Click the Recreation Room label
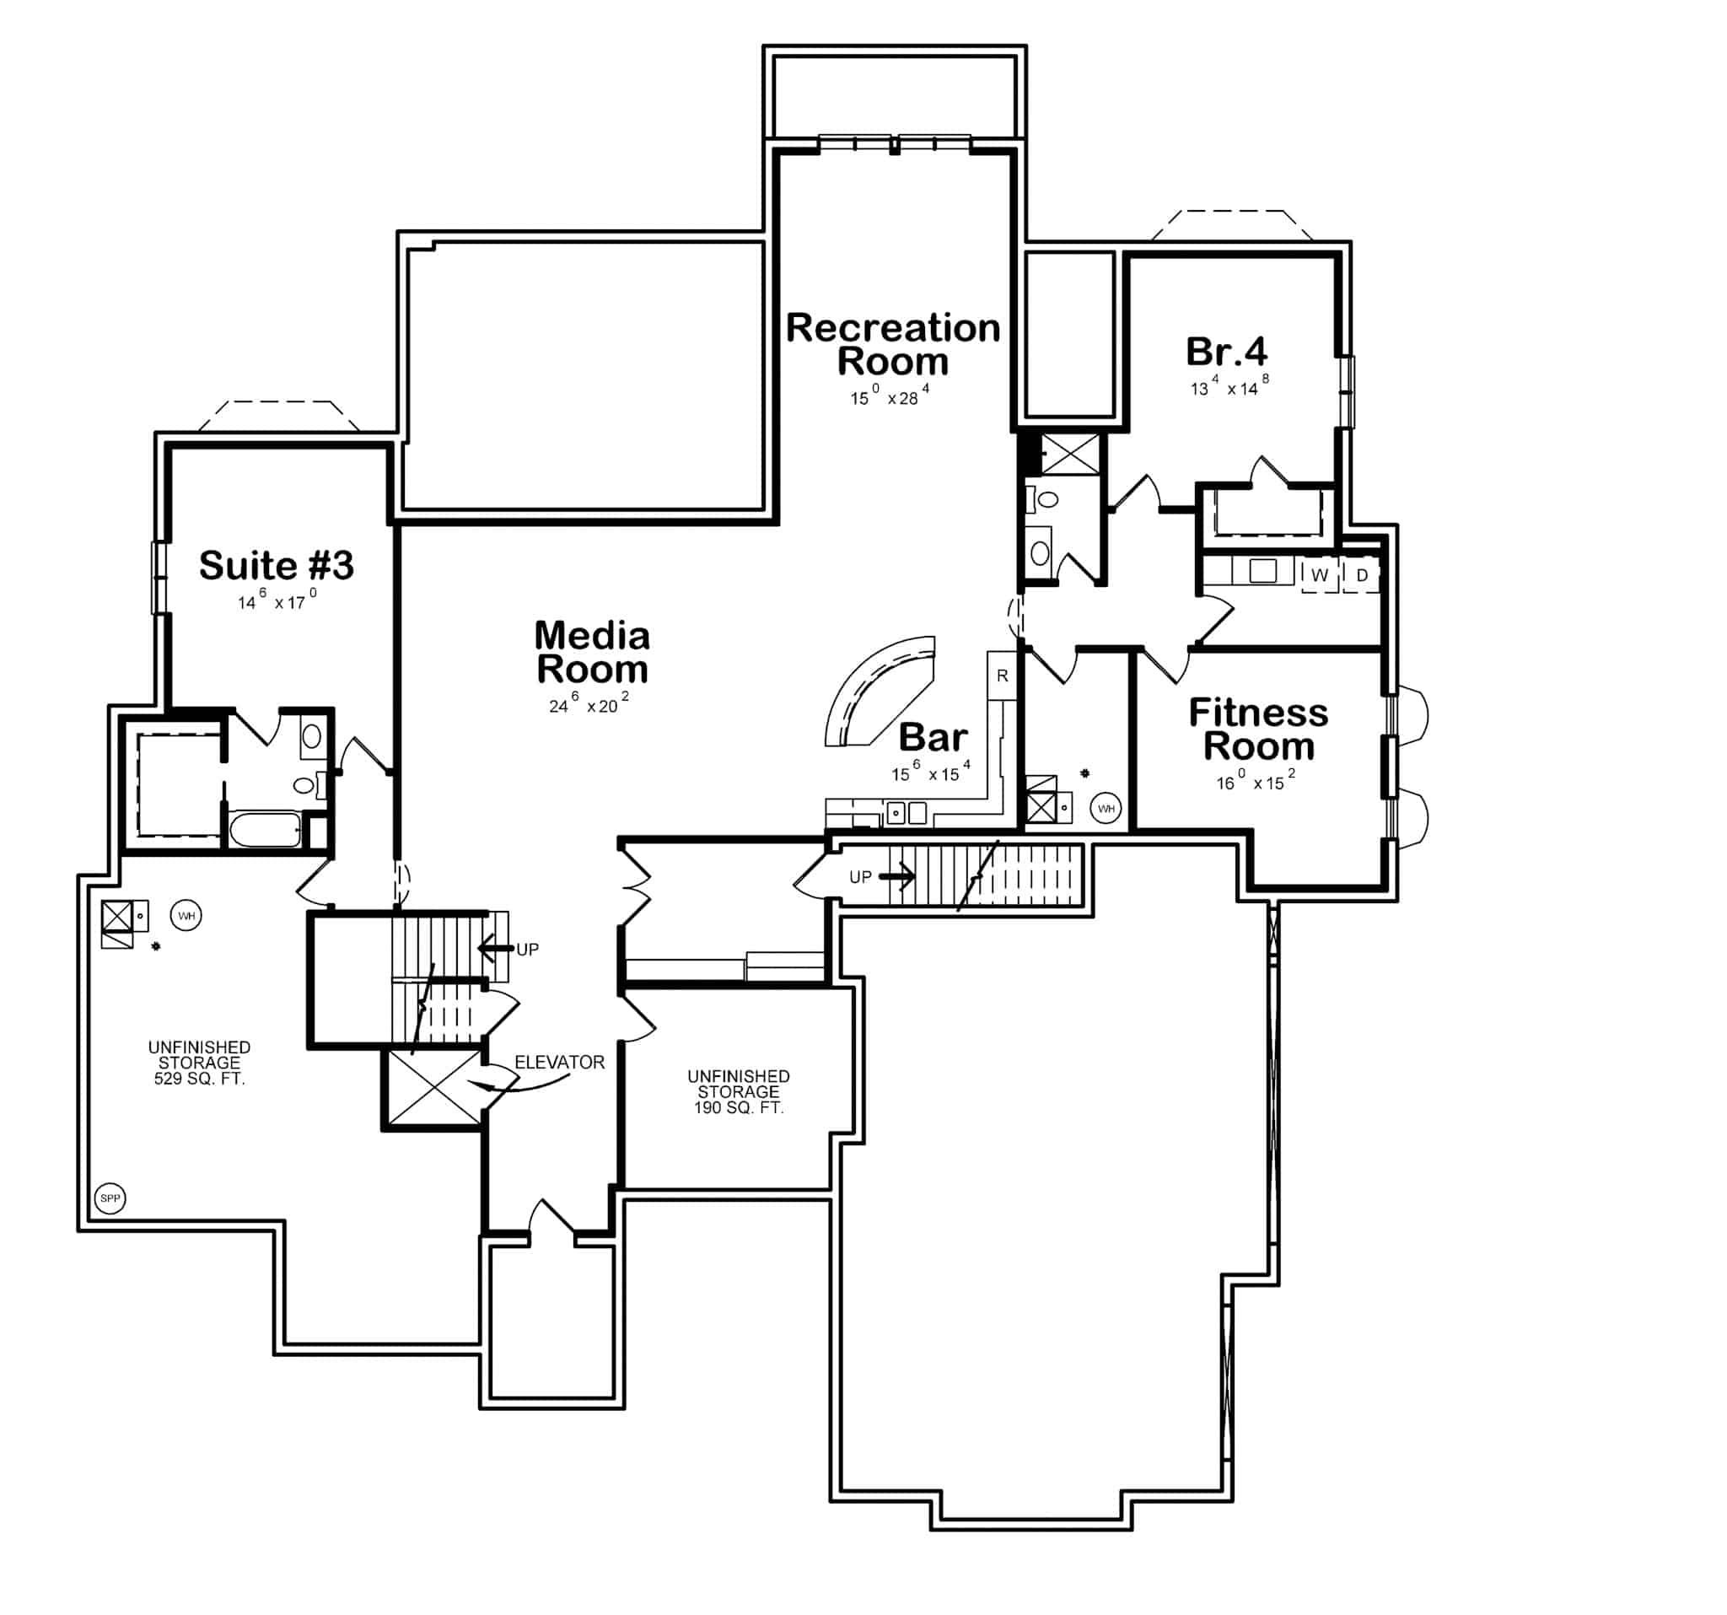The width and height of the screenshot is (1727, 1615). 892,344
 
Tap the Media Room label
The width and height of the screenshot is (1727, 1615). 592,653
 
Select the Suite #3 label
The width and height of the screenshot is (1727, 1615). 277,566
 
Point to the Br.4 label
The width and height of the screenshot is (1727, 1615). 1226,351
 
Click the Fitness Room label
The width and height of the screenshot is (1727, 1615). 1258,729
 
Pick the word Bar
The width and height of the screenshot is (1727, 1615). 932,737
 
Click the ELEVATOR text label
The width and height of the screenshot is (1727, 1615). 559,1062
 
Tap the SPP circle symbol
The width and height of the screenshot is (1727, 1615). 110,1198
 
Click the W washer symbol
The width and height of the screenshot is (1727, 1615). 1319,575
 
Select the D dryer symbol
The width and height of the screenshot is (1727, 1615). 1361,575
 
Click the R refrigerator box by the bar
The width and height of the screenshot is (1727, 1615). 1002,676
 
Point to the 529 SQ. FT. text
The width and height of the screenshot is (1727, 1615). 199,1079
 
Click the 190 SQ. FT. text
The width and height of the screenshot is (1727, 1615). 739,1107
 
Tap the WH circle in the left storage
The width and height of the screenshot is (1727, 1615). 186,916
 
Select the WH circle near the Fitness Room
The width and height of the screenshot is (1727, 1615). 1106,809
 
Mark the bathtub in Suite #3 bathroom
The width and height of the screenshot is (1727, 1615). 264,830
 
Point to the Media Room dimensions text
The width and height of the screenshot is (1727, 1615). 588,704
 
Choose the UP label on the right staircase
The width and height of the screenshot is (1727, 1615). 860,876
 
